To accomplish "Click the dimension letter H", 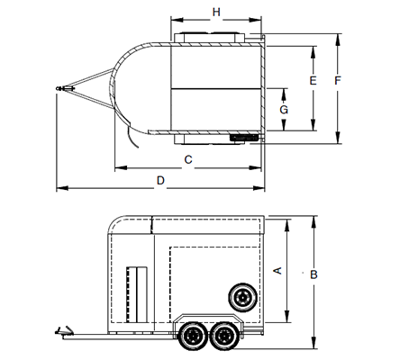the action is [x=216, y=13].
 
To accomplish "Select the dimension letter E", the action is [x=313, y=80].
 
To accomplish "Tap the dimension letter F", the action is [x=338, y=80].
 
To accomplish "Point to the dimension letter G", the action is [x=284, y=110].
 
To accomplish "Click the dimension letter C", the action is [x=188, y=159].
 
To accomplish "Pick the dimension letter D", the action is [x=160, y=180].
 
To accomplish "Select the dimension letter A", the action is [x=277, y=270].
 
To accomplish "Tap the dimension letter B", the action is [x=314, y=274].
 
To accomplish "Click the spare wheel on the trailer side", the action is [x=242, y=297].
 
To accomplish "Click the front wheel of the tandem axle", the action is [x=193, y=336].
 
